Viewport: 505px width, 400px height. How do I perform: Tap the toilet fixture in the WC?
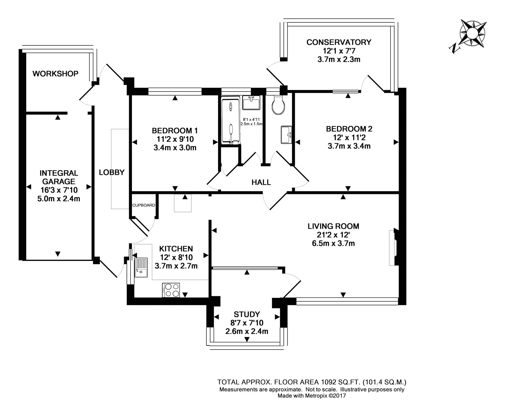(278, 105)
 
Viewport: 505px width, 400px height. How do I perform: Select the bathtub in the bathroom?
(231, 121)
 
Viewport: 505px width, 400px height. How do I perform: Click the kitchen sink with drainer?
(141, 268)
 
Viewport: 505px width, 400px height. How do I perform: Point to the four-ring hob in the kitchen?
(171, 290)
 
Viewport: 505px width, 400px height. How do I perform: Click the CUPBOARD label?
(144, 205)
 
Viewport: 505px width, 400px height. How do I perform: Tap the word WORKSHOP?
(55, 74)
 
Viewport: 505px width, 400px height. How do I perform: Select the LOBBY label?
(112, 173)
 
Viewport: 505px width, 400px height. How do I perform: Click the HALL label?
(261, 182)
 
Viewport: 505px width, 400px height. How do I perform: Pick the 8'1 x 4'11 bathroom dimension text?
(251, 120)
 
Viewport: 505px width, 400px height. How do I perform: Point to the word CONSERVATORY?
(339, 42)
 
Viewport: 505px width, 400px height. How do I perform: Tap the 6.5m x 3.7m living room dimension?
(333, 243)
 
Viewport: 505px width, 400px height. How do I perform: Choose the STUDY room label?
(247, 315)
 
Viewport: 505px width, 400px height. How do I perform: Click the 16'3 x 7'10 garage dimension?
(59, 190)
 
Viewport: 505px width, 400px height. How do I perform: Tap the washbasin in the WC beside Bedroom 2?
(286, 135)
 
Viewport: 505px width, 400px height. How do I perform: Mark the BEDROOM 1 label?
(175, 130)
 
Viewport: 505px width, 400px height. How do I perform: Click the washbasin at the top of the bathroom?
(251, 103)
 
